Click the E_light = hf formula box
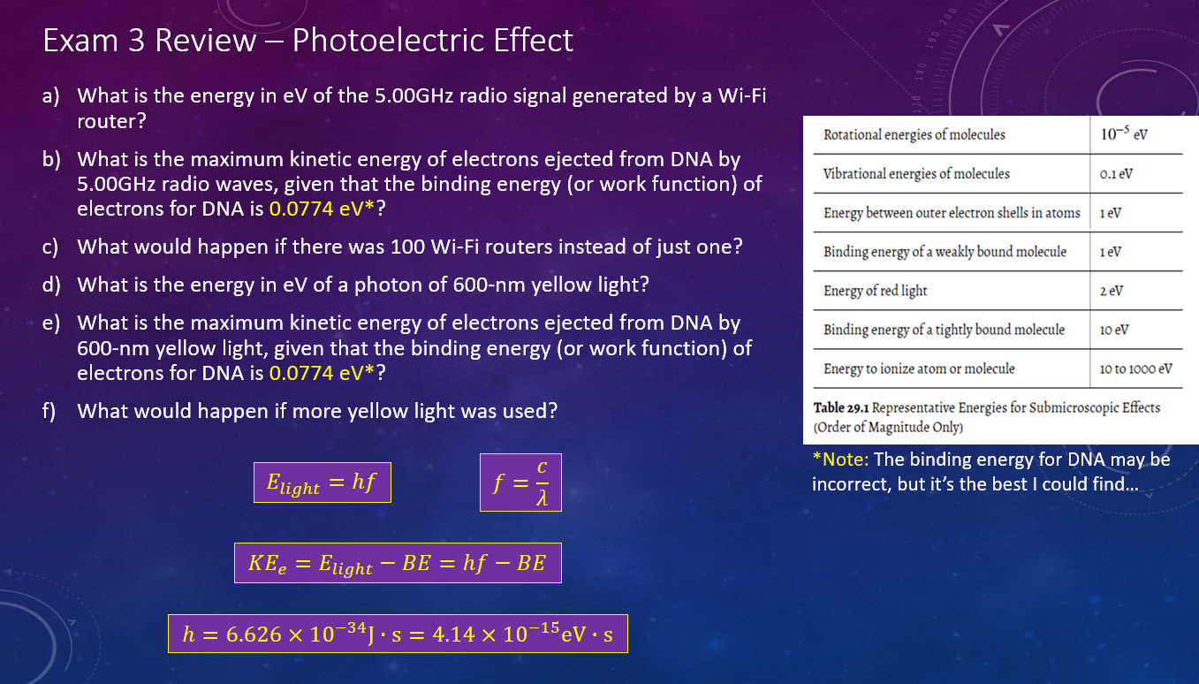[x=323, y=483]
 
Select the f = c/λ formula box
[x=520, y=483]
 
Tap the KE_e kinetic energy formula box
[x=398, y=563]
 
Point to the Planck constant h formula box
[x=398, y=634]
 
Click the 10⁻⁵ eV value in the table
[x=1124, y=133]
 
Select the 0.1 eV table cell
[x=1116, y=174]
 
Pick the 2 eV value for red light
[x=1112, y=291]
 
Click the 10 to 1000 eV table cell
[x=1136, y=369]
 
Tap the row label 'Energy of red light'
[x=875, y=291]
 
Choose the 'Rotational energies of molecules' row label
[x=914, y=134]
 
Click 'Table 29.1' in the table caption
[x=841, y=407]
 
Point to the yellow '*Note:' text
[x=840, y=460]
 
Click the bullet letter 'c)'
[x=50, y=247]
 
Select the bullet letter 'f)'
[x=49, y=411]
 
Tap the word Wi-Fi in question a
[x=742, y=95]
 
